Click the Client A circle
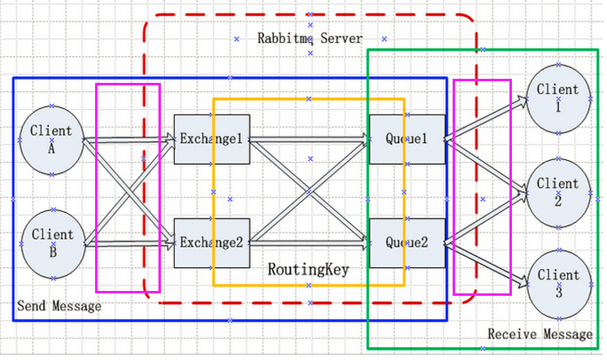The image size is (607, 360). (51, 140)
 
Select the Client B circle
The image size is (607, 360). (51, 243)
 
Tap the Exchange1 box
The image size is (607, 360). (211, 139)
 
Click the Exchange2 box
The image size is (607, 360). (211, 242)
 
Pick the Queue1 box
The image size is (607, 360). (406, 139)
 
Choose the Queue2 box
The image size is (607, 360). (406, 242)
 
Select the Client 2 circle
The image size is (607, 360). (557, 192)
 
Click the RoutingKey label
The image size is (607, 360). (308, 269)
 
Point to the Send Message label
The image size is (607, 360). (59, 306)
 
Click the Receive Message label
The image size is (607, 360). (540, 334)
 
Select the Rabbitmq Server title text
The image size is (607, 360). (310, 38)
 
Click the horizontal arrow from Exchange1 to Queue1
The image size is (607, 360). (309, 139)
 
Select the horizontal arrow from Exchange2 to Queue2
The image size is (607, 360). (309, 242)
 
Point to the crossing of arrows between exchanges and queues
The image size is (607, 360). (309, 191)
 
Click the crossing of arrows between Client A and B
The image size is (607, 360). (129, 192)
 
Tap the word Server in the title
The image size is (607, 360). (340, 38)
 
